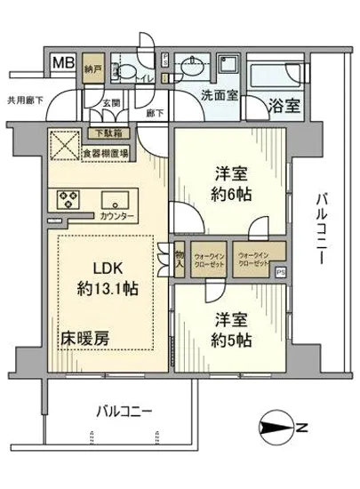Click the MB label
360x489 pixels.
(61, 64)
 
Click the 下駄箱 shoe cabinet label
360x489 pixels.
(108, 134)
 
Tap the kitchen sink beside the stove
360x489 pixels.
(114, 197)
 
